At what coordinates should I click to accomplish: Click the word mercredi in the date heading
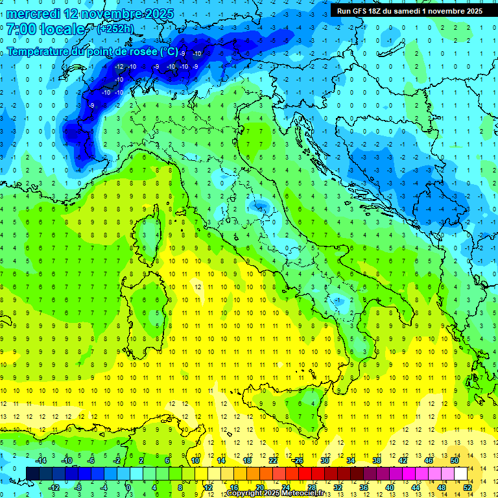click(31, 14)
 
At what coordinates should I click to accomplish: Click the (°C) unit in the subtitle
click(169, 51)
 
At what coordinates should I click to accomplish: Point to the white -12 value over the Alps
click(119, 67)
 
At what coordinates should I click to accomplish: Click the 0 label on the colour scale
click(128, 488)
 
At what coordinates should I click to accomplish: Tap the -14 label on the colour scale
click(40, 460)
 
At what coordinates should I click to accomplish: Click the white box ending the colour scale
click(460, 473)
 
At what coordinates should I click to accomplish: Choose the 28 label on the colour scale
click(311, 488)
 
